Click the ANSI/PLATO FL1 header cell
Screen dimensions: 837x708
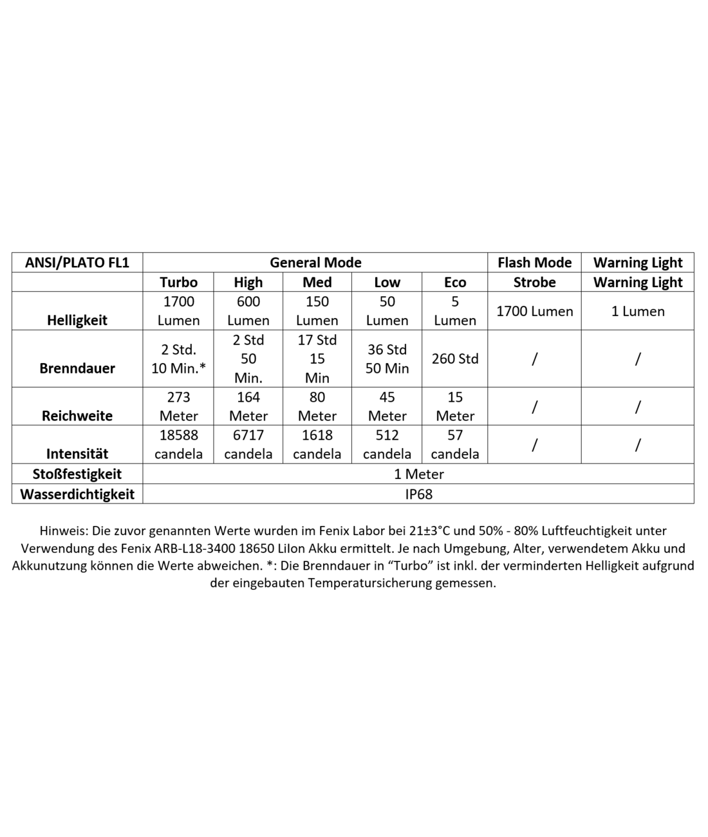(77, 263)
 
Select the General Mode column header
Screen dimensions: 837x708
(315, 263)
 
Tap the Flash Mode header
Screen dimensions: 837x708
(534, 263)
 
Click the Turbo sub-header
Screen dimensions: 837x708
(179, 282)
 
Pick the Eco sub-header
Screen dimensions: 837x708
(455, 282)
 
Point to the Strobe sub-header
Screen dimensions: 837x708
(534, 282)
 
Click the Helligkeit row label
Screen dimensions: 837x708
(77, 320)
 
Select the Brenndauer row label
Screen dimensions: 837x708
(77, 368)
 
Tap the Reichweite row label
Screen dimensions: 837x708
(77, 415)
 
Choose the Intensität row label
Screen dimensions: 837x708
(77, 454)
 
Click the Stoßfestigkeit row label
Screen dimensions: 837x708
(77, 474)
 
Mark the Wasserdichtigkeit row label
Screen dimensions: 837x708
(77, 494)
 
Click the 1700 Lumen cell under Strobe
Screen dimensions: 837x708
(534, 311)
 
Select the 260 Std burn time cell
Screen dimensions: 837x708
(455, 359)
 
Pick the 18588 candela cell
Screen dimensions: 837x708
(179, 444)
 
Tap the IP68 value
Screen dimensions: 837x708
(418, 494)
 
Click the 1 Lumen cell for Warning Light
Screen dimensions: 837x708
(638, 311)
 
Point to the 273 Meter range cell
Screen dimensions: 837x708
(179, 406)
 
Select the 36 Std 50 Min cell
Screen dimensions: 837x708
(387, 359)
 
